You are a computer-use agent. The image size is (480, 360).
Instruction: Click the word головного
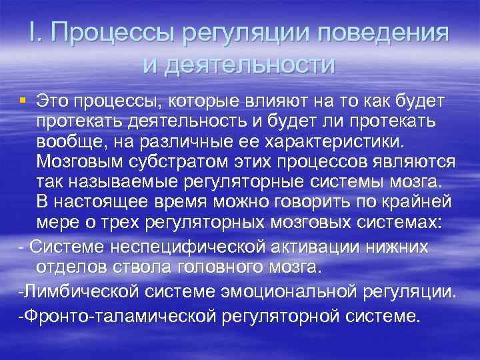tap(205, 267)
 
